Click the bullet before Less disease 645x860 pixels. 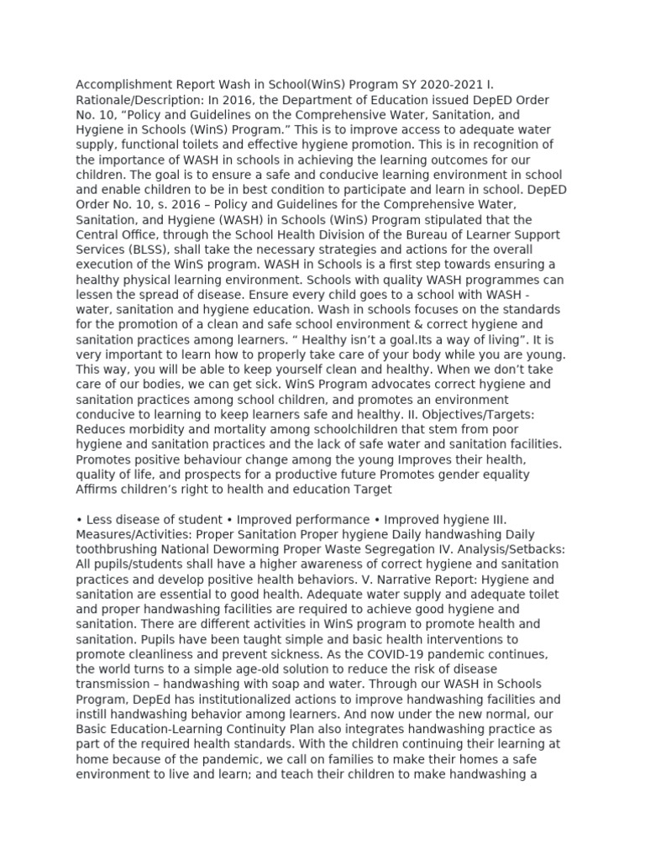click(79, 519)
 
